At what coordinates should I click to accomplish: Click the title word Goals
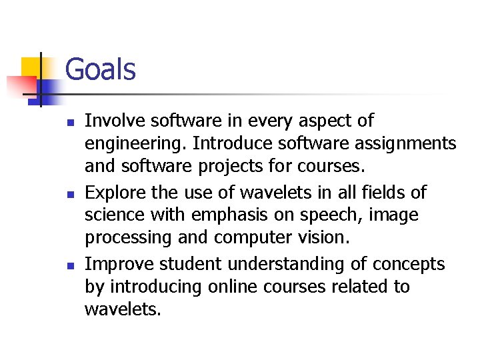coord(101,69)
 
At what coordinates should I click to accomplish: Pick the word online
coord(231,287)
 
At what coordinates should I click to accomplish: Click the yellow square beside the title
coord(32,68)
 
